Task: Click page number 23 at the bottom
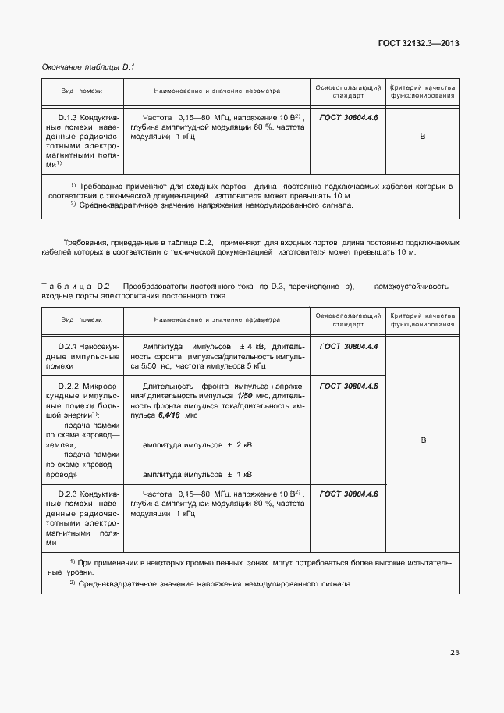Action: tap(454, 653)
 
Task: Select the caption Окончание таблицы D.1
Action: tap(88, 68)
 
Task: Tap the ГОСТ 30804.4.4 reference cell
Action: tap(349, 345)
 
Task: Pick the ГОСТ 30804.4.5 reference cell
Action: tap(349, 386)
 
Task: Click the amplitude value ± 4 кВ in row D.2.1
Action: tap(254, 345)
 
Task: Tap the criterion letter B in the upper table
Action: tap(423, 137)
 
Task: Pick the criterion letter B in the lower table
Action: tap(424, 440)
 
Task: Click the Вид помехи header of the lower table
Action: tap(82, 319)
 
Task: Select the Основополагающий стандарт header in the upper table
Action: tap(348, 91)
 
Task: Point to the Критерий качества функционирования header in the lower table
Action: tap(423, 319)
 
